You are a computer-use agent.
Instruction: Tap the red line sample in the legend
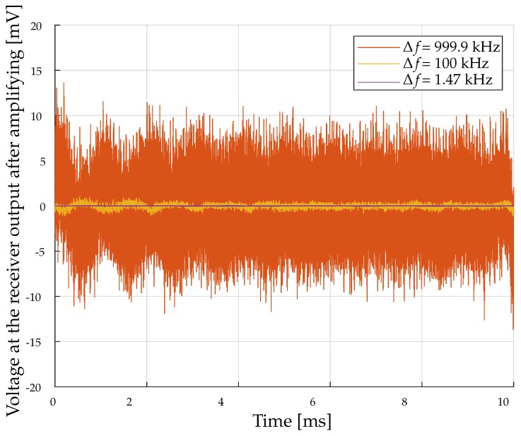378,47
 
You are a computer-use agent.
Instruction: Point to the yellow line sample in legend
378,64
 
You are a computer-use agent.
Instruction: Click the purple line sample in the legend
378,81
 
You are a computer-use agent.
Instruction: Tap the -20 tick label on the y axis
36,387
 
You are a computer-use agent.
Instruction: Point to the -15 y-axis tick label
36,342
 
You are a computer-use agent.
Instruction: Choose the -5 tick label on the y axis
38,252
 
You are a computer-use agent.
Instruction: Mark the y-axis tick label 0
42,207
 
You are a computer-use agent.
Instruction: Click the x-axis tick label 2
129,401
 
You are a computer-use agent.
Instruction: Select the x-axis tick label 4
221,401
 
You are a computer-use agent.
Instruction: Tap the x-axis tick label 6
312,401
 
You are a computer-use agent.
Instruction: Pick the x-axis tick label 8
404,401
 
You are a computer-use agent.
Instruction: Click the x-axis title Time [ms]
292,422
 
